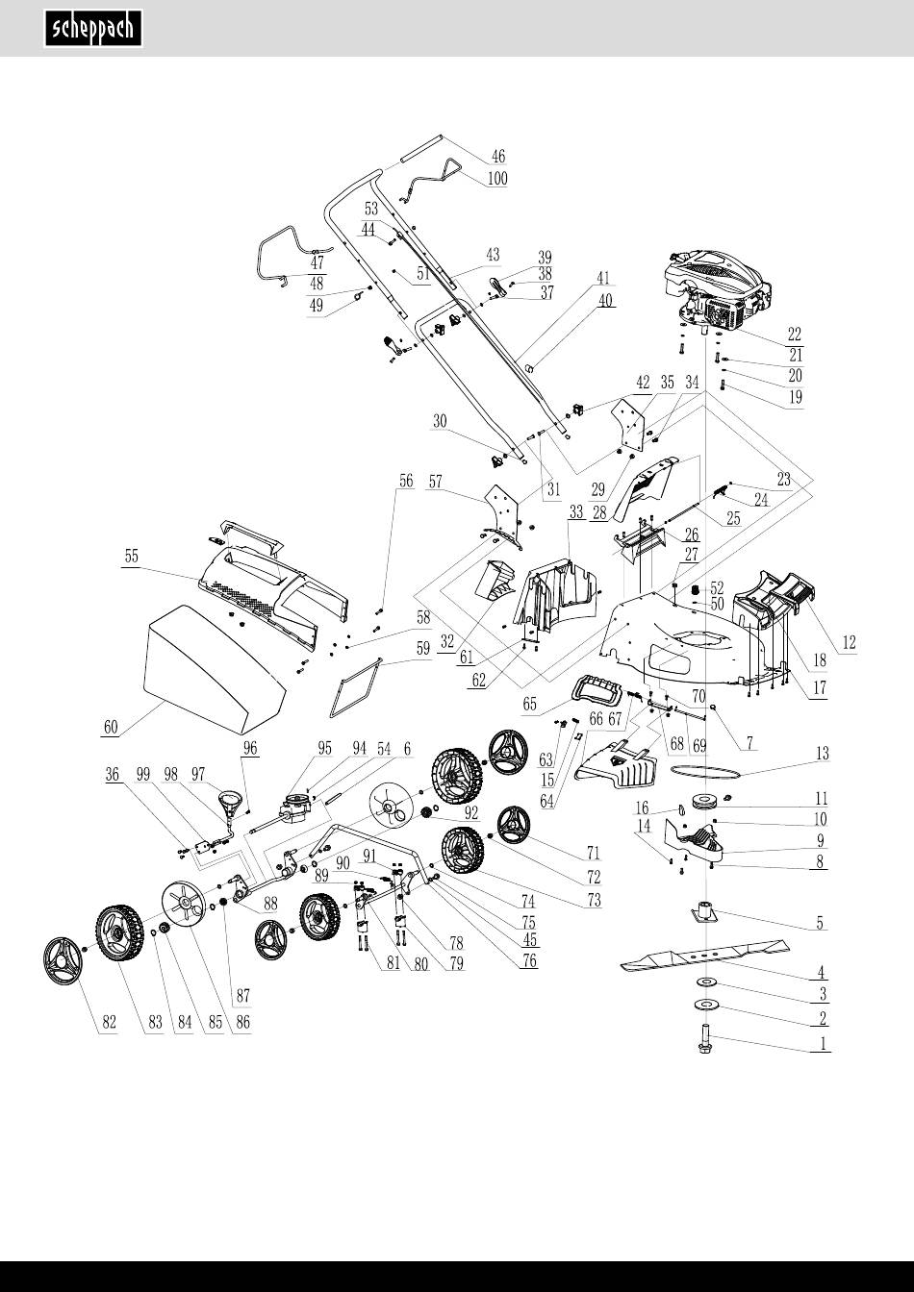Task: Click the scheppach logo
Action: point(93,28)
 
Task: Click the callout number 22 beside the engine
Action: point(794,335)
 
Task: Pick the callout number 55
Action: point(131,556)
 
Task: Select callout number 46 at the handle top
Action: point(497,157)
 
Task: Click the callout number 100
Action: point(497,179)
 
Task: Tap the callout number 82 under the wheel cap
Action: point(110,1024)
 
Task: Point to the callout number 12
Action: point(847,641)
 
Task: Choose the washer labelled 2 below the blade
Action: point(706,1006)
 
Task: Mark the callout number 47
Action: point(317,262)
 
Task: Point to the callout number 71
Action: point(593,852)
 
